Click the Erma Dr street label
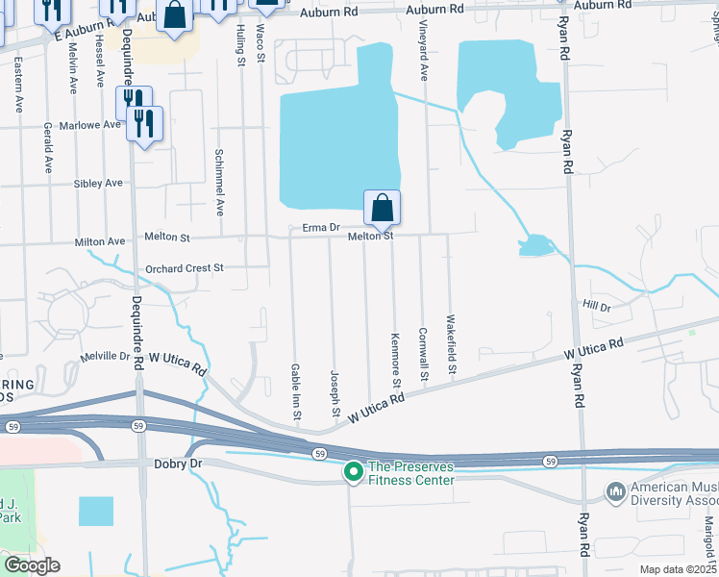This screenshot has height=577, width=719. (x=322, y=228)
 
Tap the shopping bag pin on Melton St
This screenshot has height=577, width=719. (x=382, y=207)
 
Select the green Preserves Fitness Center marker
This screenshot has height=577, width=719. (x=353, y=471)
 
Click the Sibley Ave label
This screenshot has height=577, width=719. (x=99, y=183)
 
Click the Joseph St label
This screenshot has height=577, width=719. (x=335, y=393)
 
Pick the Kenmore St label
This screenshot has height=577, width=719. (x=395, y=360)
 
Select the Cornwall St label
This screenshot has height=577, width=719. (x=423, y=353)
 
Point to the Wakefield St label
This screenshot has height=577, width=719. (x=450, y=345)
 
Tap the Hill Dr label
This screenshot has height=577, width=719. (x=597, y=306)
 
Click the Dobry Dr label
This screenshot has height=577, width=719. (x=178, y=463)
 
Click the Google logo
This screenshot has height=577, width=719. (x=32, y=565)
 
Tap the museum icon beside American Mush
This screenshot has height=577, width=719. (x=616, y=492)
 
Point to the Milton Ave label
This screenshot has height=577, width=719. (x=100, y=241)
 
